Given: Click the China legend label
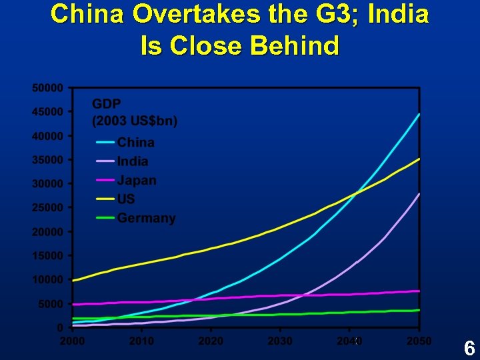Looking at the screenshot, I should [x=136, y=142].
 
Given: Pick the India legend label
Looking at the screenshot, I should [x=133, y=161].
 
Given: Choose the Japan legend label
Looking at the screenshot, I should [x=137, y=180].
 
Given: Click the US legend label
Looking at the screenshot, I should [x=126, y=199].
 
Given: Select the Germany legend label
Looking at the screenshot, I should [x=146, y=218].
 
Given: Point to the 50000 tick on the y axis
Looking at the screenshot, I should [x=47, y=87].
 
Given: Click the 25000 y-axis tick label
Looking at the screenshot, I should [x=47, y=207].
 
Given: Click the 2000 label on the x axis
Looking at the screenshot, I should [x=72, y=341].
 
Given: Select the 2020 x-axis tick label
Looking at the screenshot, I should [x=211, y=341].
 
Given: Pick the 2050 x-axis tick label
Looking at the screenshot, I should [x=419, y=341].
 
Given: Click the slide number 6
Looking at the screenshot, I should [x=469, y=348].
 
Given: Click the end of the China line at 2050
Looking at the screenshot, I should [x=419, y=114].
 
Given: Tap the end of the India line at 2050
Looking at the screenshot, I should [x=419, y=193].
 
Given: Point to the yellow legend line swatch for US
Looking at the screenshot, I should [x=105, y=199].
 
